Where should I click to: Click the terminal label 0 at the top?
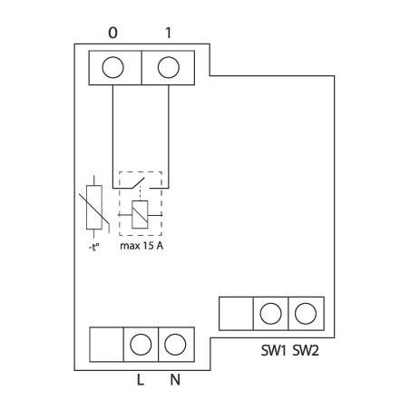[x=112, y=33]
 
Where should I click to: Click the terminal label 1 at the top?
[x=168, y=33]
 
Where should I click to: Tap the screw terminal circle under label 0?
[x=113, y=68]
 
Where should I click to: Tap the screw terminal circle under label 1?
[x=168, y=68]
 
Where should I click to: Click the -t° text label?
[x=90, y=244]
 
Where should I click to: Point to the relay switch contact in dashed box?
[x=139, y=186]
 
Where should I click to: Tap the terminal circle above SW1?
[x=269, y=314]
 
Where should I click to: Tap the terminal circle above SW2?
[x=306, y=314]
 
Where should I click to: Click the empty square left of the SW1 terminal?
[x=235, y=314]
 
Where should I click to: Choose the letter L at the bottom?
[x=141, y=380]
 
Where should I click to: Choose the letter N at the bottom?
[x=175, y=380]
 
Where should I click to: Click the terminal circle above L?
[x=141, y=344]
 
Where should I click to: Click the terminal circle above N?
[x=175, y=344]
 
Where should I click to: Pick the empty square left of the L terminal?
[x=106, y=344]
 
